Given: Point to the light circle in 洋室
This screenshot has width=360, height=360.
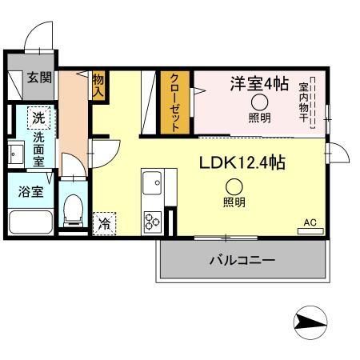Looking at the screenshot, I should (259, 102).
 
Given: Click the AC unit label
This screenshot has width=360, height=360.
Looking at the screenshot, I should (309, 223).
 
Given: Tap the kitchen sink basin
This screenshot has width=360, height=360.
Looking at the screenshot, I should (153, 187).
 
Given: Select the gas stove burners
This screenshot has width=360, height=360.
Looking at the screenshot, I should (152, 220).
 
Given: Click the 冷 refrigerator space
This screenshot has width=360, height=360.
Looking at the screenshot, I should (104, 223).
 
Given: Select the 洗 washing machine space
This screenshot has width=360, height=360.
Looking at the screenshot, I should (38, 117).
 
